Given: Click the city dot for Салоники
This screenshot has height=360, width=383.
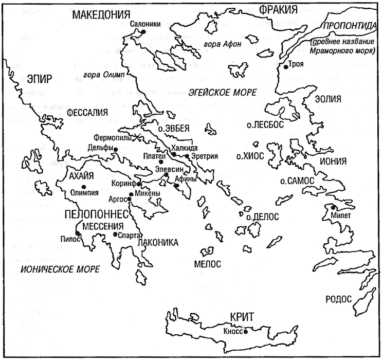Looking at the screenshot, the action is [143, 31].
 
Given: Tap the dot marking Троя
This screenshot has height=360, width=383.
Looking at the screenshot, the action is [286, 67].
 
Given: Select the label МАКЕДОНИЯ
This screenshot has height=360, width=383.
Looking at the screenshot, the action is [101, 15].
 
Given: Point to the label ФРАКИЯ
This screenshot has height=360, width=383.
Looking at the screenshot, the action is [278, 10].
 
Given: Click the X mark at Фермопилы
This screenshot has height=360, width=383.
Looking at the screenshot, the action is [137, 138].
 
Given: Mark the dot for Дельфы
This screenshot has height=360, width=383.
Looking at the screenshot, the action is [116, 150].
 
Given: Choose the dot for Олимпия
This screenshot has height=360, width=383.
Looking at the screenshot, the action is [84, 187].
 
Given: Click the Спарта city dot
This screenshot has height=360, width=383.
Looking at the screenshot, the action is [115, 234].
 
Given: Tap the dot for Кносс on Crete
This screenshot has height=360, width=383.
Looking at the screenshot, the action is [246, 332].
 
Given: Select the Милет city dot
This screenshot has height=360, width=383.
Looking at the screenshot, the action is [333, 207].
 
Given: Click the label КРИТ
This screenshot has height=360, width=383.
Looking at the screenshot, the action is [242, 317].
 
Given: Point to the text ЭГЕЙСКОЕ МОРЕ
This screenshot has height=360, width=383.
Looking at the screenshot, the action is [222, 93].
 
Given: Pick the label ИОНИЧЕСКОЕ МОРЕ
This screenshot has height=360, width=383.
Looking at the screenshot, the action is [60, 269].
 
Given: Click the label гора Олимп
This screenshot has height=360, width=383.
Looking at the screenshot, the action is [104, 75].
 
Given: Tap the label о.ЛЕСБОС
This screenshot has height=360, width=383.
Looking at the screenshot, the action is [265, 125].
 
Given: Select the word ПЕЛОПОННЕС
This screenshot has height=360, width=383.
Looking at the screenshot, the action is [97, 214].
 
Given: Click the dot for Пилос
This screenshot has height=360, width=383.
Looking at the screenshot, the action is [78, 233].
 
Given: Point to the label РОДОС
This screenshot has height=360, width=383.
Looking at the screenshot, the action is [339, 299].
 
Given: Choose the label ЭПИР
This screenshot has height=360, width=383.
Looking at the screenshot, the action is [40, 79].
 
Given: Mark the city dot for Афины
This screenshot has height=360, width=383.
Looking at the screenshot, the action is [177, 186].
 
